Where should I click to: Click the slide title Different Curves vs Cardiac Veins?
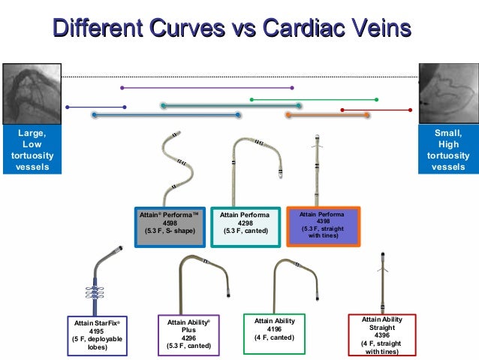(x=232, y=29)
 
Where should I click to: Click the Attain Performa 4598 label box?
(x=170, y=225)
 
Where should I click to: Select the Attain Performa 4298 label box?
(x=244, y=225)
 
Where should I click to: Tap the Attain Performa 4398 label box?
(x=323, y=225)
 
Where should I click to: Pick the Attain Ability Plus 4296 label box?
(x=188, y=335)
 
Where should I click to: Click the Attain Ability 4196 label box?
(x=274, y=331)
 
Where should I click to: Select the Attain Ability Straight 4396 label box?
(x=382, y=334)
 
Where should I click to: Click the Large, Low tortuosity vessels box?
(x=31, y=150)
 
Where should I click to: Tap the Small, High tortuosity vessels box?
(x=448, y=150)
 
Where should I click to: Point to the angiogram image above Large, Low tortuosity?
(x=31, y=94)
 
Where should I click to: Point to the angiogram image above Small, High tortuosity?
(x=448, y=94)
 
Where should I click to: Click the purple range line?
(x=207, y=88)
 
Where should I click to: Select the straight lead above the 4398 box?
(x=318, y=169)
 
